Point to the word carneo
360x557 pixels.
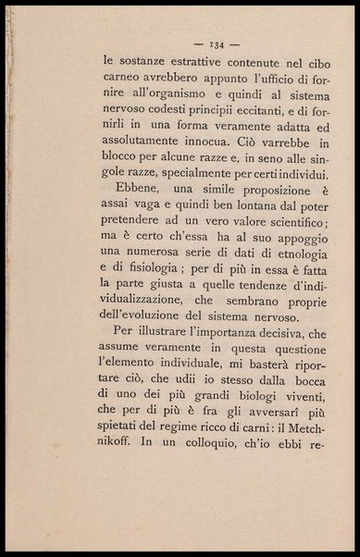pyautogui.click(x=122, y=83)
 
